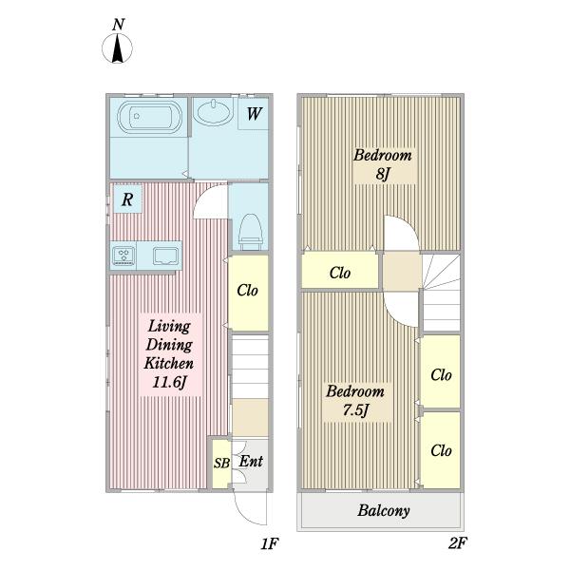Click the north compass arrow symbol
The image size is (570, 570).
pyautogui.click(x=117, y=48)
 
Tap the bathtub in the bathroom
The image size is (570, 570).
pyautogui.click(x=149, y=116)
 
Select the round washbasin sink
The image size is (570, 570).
pyautogui.click(x=213, y=111)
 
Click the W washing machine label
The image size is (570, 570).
pyautogui.click(x=254, y=114)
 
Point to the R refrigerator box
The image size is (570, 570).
pyautogui.click(x=127, y=199)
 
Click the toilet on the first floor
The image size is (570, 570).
pyautogui.click(x=251, y=232)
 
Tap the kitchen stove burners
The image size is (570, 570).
pyautogui.click(x=123, y=256)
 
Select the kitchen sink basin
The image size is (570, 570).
pyautogui.click(x=166, y=256)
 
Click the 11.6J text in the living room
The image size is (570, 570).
pyautogui.click(x=169, y=382)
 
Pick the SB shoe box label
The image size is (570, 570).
pyautogui.click(x=221, y=464)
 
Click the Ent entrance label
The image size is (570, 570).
pyautogui.click(x=251, y=462)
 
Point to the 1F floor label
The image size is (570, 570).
pyautogui.click(x=270, y=543)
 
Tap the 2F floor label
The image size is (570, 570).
pyautogui.click(x=457, y=543)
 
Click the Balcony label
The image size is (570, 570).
pyautogui.click(x=384, y=511)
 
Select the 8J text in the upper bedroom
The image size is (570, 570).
pyautogui.click(x=383, y=174)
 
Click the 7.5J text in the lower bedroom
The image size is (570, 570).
pyautogui.click(x=356, y=410)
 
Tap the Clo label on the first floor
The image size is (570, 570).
pyautogui.click(x=247, y=291)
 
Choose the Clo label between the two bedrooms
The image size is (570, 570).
pyautogui.click(x=340, y=273)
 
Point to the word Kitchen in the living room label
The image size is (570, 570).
pyautogui.click(x=169, y=363)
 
